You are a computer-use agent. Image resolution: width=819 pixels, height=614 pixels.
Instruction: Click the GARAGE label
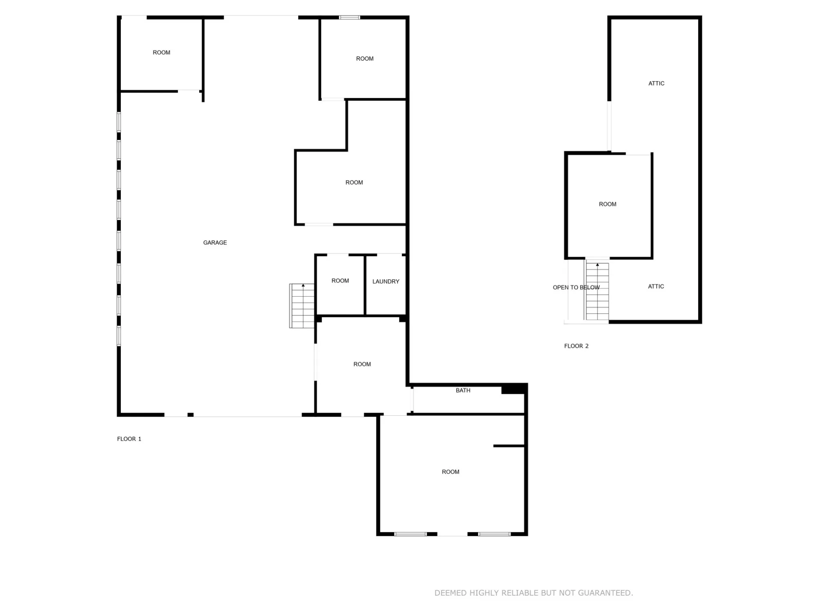point(215,243)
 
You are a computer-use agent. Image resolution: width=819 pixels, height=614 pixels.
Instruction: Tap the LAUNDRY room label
point(386,282)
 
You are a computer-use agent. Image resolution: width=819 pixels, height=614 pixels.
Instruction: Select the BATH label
point(463,390)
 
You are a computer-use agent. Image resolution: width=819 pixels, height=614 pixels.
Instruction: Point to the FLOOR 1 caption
point(129,439)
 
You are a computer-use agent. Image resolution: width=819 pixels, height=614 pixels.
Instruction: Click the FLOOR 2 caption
point(576,346)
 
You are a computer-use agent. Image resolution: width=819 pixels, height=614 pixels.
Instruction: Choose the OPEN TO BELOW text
point(576,288)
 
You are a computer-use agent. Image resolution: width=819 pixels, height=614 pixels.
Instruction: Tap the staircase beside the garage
point(302,306)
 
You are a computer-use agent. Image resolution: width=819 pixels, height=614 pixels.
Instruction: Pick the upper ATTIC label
point(656,84)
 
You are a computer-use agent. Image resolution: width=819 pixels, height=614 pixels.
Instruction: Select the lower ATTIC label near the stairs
point(656,286)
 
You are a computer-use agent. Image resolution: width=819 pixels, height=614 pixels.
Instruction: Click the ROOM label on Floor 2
point(607,204)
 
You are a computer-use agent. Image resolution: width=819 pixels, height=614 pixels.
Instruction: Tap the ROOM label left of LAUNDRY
point(340,281)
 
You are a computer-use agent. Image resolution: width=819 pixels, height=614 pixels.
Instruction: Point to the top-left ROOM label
point(161,53)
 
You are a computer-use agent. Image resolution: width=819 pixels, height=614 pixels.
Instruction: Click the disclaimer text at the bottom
point(534,593)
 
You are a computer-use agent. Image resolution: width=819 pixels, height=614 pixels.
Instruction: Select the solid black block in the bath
point(513,389)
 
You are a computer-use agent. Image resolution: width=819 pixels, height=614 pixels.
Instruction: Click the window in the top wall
point(350,18)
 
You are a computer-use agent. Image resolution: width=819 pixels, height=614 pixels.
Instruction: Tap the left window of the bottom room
point(411,534)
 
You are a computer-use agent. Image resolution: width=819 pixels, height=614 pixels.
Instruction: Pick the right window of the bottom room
point(494,534)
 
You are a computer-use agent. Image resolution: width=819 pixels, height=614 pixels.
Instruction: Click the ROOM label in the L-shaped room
point(354,183)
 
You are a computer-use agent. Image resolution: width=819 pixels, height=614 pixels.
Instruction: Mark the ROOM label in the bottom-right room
point(451,472)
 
